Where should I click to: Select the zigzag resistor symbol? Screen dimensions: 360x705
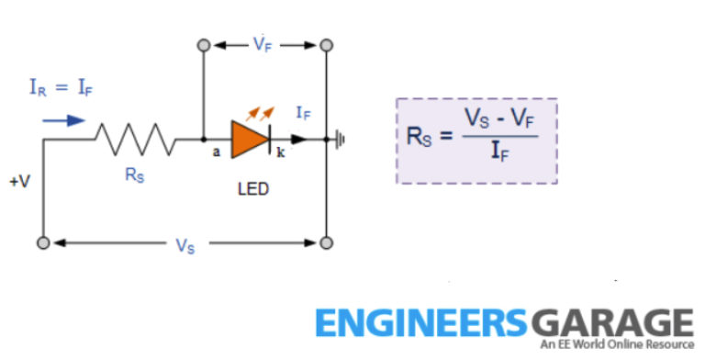[x=136, y=140]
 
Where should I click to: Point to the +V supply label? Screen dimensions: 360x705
[x=19, y=182]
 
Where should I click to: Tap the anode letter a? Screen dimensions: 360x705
[x=217, y=152]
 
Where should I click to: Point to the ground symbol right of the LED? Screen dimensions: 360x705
[x=341, y=140]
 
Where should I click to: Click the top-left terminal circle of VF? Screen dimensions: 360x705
[x=204, y=44]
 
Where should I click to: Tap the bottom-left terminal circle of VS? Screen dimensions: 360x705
[x=43, y=243]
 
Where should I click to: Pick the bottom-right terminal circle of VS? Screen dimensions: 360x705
[x=326, y=243]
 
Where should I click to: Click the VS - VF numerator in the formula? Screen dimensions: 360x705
[x=499, y=119]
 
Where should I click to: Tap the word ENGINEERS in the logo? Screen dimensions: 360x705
[x=421, y=323]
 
